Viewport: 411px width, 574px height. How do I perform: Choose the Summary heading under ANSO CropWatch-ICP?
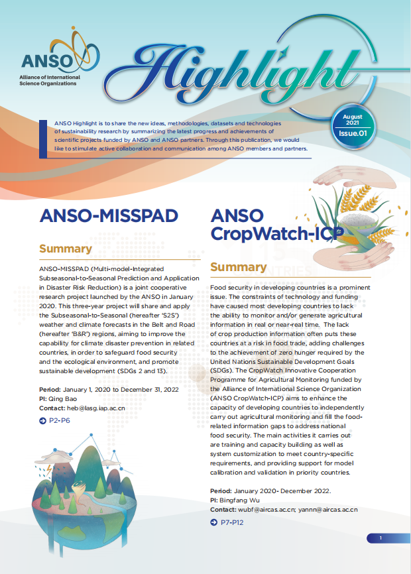coord(238,267)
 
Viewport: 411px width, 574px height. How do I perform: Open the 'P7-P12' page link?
coord(233,523)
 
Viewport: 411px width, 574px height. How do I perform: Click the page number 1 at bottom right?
coord(381,538)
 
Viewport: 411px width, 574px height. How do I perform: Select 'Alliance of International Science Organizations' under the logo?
coord(51,81)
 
